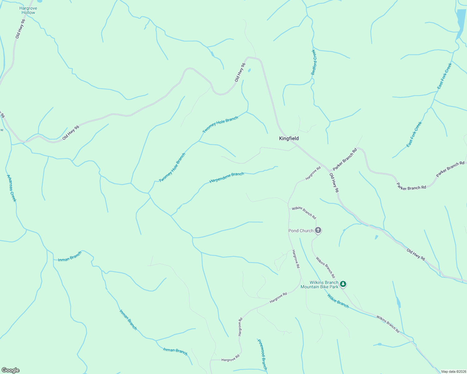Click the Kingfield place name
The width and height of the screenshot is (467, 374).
point(289,138)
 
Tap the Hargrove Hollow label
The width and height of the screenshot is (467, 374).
point(28,10)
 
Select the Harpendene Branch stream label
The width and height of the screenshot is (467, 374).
point(227,177)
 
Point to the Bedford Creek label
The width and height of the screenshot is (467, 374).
point(314,62)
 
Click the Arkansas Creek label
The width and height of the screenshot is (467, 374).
point(11,188)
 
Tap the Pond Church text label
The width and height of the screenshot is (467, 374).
point(301,231)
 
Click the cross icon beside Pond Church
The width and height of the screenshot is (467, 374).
point(318,230)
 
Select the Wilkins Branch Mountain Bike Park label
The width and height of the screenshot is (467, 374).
point(319,285)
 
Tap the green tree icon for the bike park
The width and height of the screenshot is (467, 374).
point(343,284)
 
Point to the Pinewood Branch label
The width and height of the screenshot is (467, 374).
point(262,354)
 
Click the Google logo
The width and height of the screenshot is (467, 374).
point(11,370)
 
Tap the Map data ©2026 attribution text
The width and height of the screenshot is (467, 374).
point(454,372)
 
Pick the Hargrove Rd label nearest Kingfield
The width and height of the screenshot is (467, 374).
point(313,173)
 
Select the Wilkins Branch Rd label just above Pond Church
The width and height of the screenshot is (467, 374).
point(304,213)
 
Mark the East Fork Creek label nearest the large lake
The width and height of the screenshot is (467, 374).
point(445,76)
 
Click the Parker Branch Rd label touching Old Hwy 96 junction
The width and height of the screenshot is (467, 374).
point(345,159)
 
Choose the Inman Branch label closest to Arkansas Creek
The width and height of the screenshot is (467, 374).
point(70,256)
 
